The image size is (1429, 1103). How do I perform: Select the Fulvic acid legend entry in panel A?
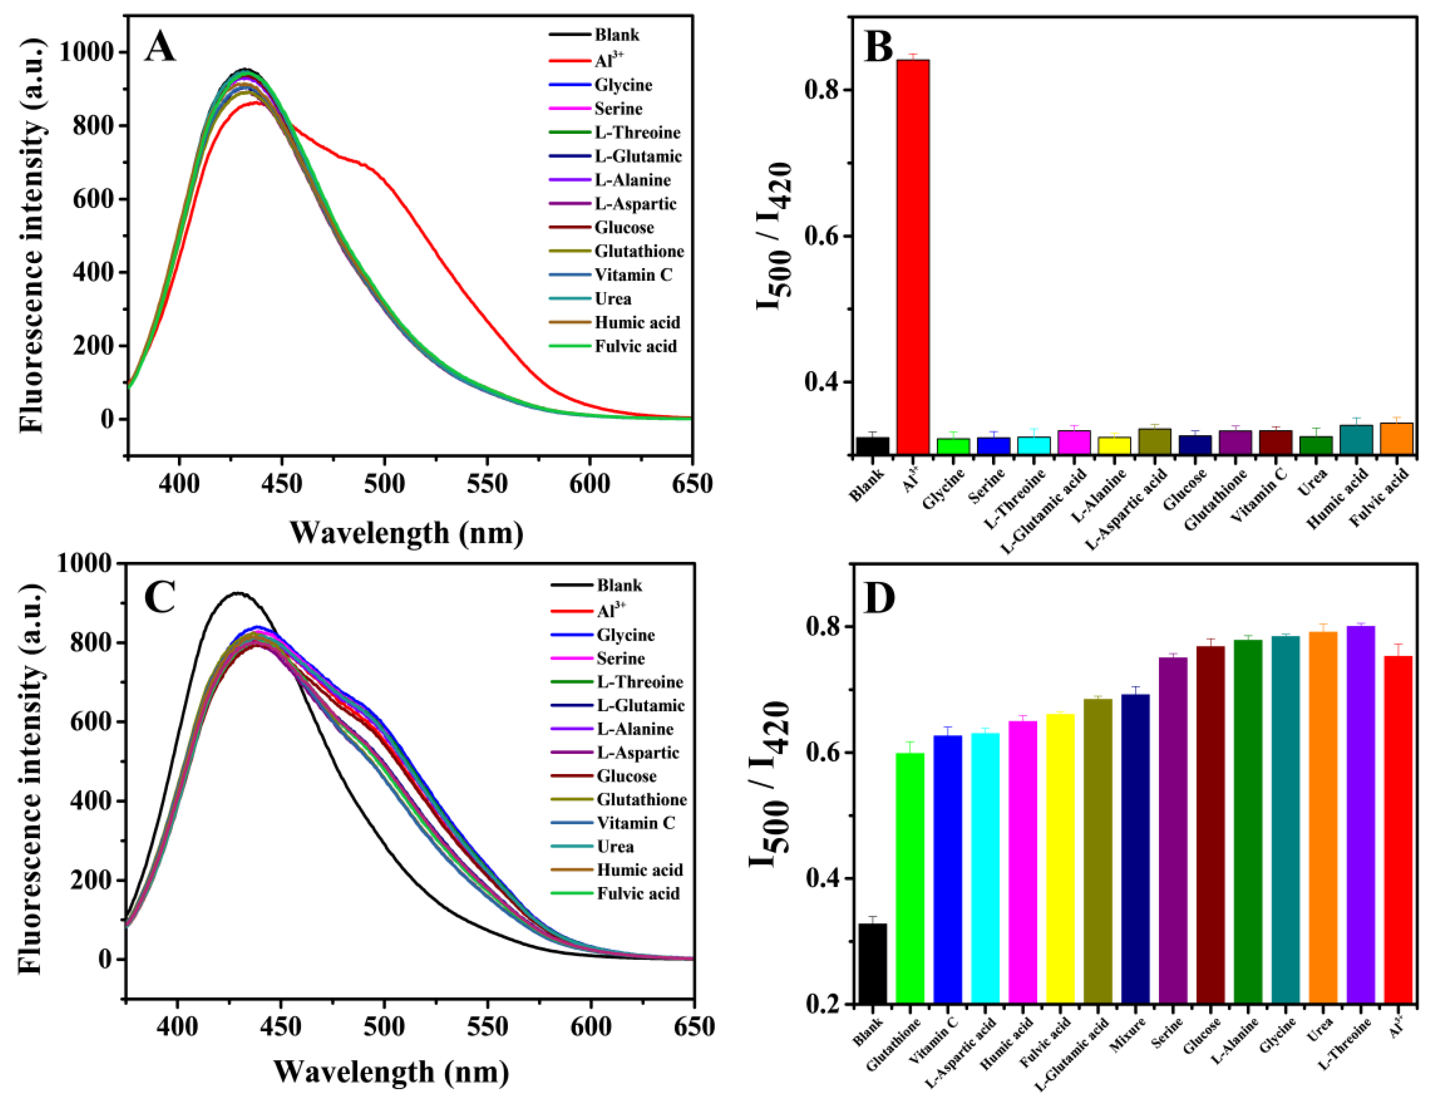click(x=635, y=346)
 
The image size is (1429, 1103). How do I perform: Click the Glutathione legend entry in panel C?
click(x=641, y=799)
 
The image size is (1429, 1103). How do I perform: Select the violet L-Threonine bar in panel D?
click(x=1360, y=815)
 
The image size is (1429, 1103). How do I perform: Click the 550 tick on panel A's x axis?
click(x=487, y=485)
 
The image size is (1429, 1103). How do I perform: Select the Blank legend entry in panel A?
click(x=616, y=34)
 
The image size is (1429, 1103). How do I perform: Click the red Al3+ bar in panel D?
click(x=1398, y=829)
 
